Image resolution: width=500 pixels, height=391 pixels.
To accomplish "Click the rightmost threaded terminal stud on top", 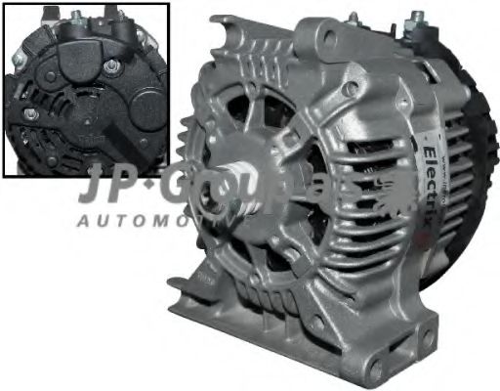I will click(419, 19).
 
